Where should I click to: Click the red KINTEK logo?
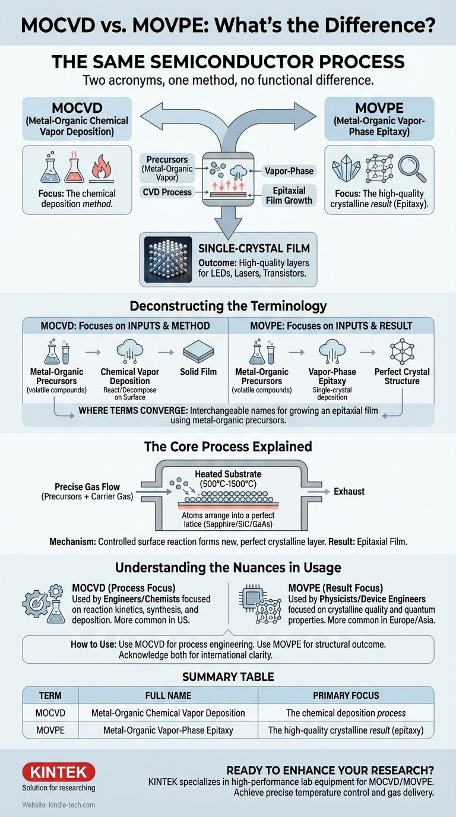point(58,772)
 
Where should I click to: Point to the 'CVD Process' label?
point(167,192)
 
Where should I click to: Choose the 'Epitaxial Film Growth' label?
point(289,195)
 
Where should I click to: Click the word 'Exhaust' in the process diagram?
point(349,491)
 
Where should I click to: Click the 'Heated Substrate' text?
point(228,474)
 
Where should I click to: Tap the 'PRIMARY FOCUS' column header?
point(346,696)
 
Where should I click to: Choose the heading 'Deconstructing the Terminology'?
point(228,306)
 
